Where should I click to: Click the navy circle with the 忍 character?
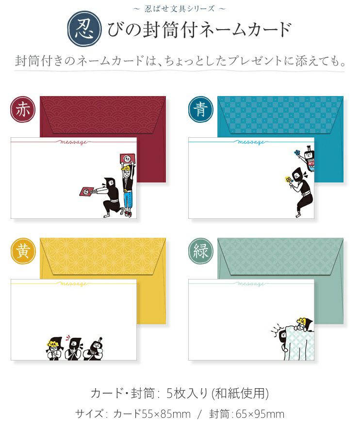pyautogui.click(x=85, y=29)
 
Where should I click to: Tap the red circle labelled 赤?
pyautogui.click(x=23, y=110)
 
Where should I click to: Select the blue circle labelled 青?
pyautogui.click(x=201, y=110)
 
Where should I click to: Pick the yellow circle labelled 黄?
pyautogui.click(x=23, y=251)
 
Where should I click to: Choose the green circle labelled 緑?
pyautogui.click(x=201, y=251)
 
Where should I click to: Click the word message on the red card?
pyautogui.click(x=73, y=142)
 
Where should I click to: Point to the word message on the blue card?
pyautogui.click(x=250, y=142)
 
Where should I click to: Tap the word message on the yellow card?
pyautogui.click(x=73, y=284)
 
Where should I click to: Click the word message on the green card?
pyautogui.click(x=250, y=284)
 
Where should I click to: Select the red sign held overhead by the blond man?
pyautogui.click(x=127, y=159)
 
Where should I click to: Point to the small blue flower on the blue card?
pyautogui.click(x=297, y=152)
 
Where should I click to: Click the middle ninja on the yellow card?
pyautogui.click(x=73, y=348)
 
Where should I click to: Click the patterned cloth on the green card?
pyautogui.click(x=299, y=343)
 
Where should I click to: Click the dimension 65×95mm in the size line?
pyautogui.click(x=260, y=414)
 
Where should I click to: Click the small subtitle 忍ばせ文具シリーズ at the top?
pyautogui.click(x=180, y=9)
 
